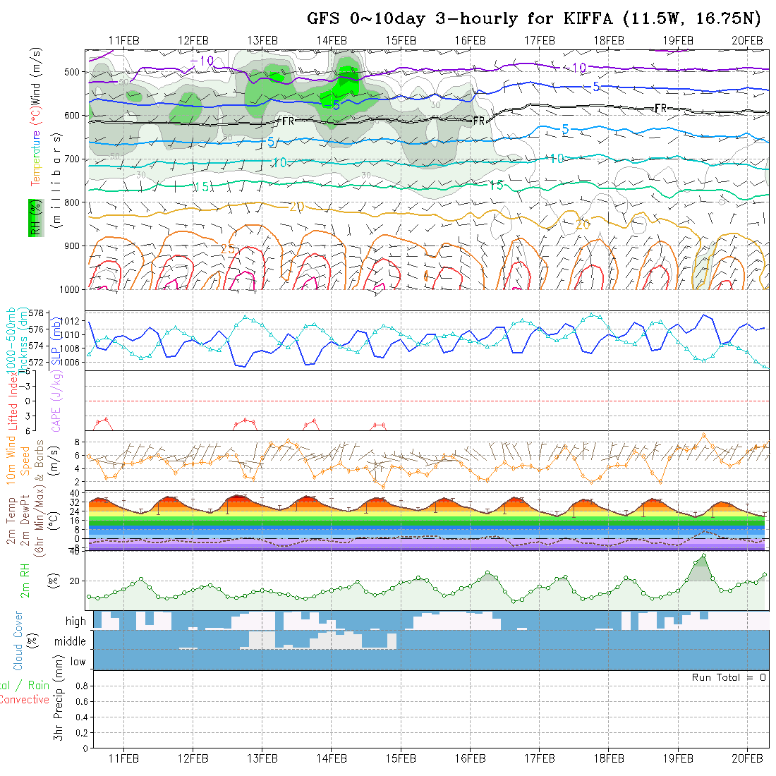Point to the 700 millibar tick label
73,159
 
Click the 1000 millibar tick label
70,289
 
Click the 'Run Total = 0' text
729,677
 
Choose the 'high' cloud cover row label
75,622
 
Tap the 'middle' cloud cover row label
70,642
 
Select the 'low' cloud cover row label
78,662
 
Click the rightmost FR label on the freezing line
660,108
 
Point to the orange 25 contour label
228,249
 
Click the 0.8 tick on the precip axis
80,686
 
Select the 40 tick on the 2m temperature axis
74,492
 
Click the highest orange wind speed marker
704,435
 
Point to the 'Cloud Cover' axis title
18,641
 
